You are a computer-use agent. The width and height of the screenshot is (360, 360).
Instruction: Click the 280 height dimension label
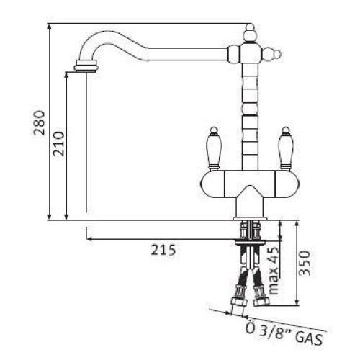[40, 122]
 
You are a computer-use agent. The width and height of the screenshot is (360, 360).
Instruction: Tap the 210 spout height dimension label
[59, 144]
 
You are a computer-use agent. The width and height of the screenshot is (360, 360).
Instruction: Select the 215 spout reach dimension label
[163, 250]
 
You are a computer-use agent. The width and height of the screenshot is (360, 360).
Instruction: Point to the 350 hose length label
[305, 263]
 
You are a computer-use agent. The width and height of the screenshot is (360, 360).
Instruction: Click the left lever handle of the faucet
[213, 148]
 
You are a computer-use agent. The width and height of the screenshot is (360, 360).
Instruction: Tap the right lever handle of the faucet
[286, 148]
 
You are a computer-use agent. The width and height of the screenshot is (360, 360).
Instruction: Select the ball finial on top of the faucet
[250, 33]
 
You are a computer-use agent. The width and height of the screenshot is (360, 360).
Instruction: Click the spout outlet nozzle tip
[86, 66]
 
